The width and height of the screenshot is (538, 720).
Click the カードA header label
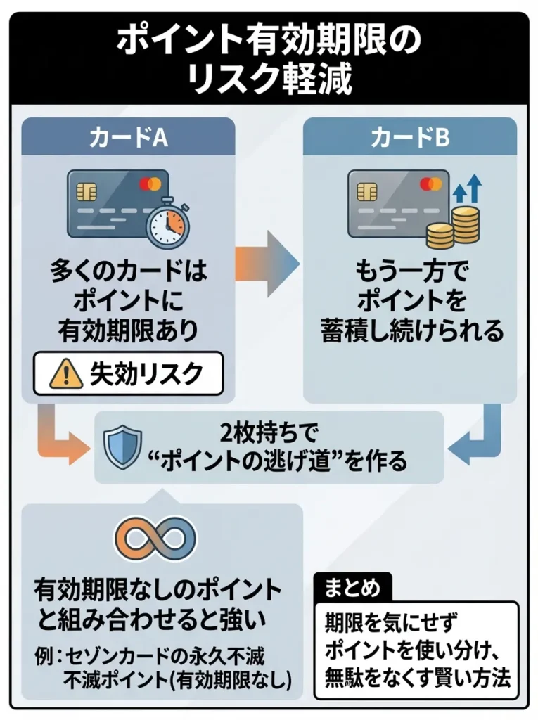(127, 138)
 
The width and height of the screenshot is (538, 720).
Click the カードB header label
(410, 138)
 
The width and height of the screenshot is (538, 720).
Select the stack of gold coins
(454, 226)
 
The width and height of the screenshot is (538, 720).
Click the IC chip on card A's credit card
(87, 191)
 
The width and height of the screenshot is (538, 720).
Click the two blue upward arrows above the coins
(467, 188)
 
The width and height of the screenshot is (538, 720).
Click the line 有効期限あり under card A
(127, 330)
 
